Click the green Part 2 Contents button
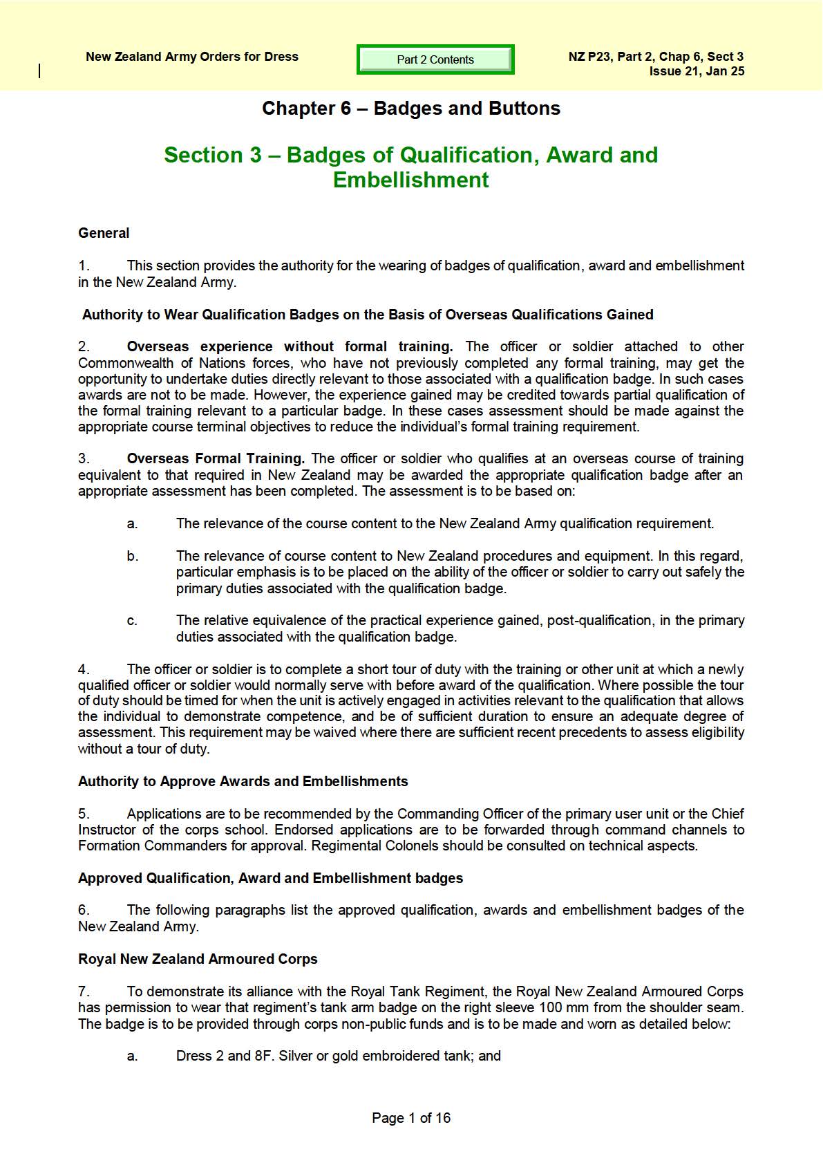tap(435, 59)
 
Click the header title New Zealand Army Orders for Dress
tap(192, 57)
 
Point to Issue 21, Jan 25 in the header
tap(697, 71)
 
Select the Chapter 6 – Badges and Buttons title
tap(411, 109)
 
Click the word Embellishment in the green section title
tap(411, 180)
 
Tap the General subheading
tap(104, 233)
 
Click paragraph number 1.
tap(84, 265)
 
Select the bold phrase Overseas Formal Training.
tap(216, 458)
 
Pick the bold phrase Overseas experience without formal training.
tap(290, 346)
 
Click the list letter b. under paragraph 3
tap(132, 556)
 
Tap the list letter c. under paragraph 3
tap(132, 621)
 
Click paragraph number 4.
tap(84, 669)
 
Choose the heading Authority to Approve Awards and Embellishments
tap(243, 781)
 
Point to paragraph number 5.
tap(84, 814)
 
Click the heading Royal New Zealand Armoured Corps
tap(198, 959)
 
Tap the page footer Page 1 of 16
tap(411, 1118)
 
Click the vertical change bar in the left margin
tap(39, 71)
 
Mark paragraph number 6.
tap(84, 910)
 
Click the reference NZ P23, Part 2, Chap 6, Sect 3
tap(656, 57)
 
